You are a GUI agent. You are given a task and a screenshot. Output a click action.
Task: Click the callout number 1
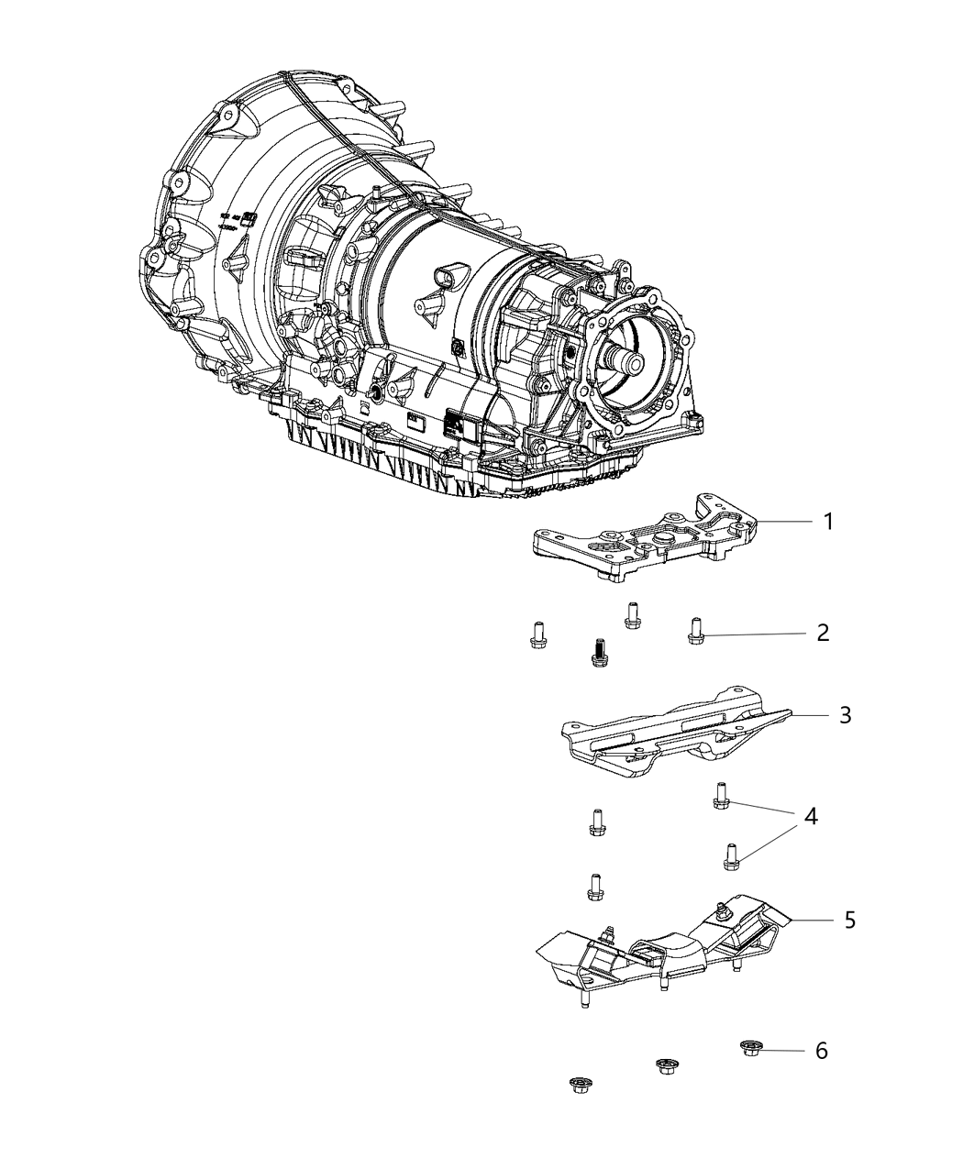click(828, 522)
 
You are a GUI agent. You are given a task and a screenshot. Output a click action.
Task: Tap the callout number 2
click(823, 633)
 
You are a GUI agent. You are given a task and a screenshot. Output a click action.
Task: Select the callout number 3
click(845, 714)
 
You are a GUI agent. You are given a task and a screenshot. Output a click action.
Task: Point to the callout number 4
click(811, 817)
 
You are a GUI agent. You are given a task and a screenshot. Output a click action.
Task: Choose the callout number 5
click(849, 919)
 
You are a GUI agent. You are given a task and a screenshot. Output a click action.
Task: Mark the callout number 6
click(821, 1050)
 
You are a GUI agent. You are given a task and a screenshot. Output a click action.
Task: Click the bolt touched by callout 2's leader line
click(695, 631)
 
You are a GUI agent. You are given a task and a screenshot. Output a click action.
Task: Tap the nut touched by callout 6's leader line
click(752, 1046)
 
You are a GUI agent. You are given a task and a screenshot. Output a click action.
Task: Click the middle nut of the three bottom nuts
click(667, 1065)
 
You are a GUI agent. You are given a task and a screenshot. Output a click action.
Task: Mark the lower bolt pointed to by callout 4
click(731, 855)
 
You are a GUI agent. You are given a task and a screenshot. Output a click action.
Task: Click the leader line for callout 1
click(784, 522)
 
